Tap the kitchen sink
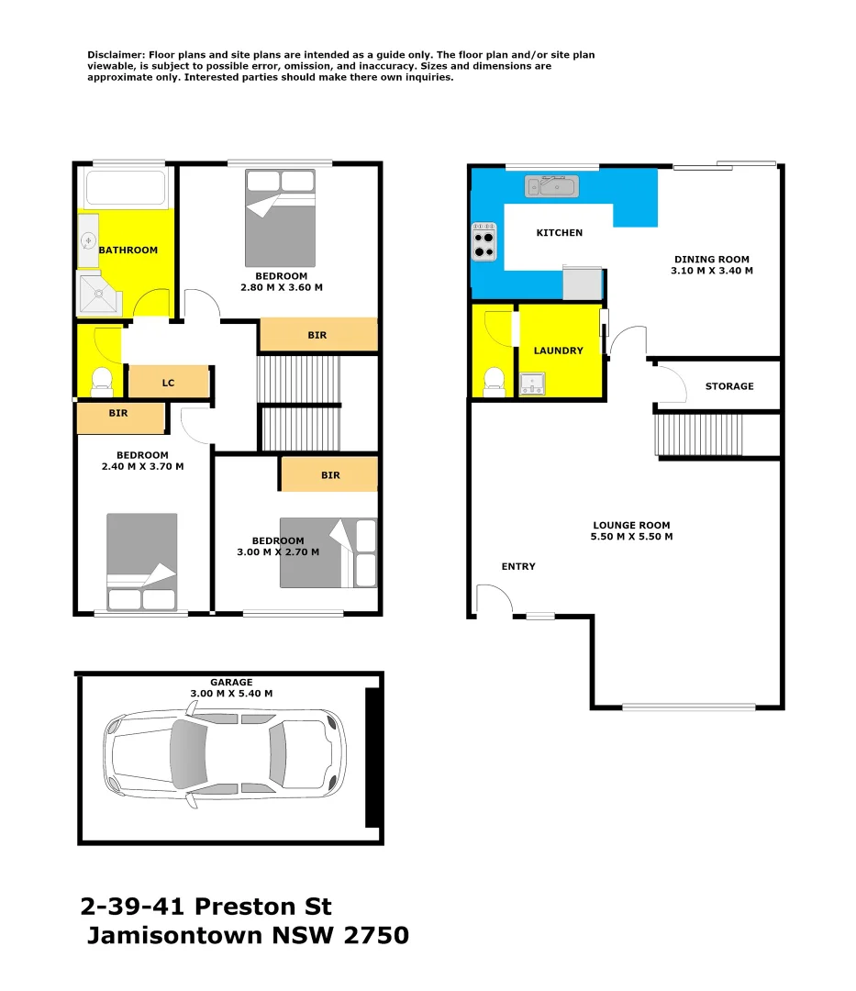coord(550,187)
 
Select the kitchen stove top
coord(484,242)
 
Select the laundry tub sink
coord(532,384)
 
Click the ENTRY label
coord(518,566)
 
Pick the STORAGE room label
coord(729,386)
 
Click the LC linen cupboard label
coord(168,383)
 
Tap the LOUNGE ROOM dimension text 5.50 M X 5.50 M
coord(632,537)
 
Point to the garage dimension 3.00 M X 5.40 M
coord(231,693)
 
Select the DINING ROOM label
coord(711,259)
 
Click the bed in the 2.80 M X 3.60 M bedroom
coord(280,218)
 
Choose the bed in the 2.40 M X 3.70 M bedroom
coord(141,562)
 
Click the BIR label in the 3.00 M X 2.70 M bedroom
coord(330,475)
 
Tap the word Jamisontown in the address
coord(170,936)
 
